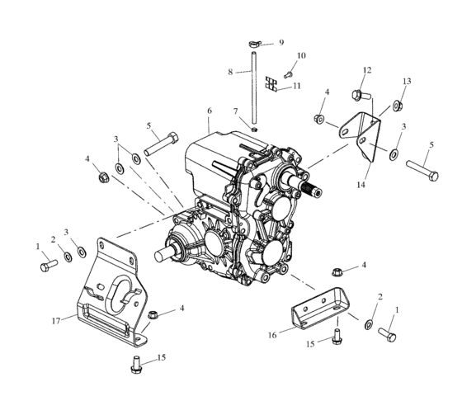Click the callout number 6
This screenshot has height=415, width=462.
coord(210,111)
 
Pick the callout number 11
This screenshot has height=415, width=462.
coord(298,86)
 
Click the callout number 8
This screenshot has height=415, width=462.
coord(231,72)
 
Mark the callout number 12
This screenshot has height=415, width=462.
coord(368,70)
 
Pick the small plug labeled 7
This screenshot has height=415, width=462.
coord(256,128)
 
